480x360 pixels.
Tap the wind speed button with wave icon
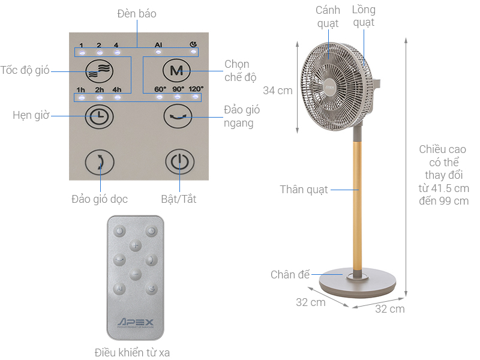coord(99,71)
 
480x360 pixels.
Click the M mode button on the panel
coord(176,71)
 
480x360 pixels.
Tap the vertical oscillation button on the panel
coord(99,162)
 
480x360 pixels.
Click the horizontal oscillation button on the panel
coord(178,115)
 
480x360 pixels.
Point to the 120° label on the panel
coord(196,89)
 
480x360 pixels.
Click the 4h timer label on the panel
coord(117,90)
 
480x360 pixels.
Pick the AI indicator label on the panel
coord(158,44)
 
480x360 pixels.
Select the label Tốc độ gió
coord(25,70)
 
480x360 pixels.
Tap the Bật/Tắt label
coord(178,199)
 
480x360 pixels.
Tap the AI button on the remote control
coord(119,289)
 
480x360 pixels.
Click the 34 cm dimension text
coord(278,91)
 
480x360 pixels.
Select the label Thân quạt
coord(304,190)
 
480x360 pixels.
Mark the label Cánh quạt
coord(328,16)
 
